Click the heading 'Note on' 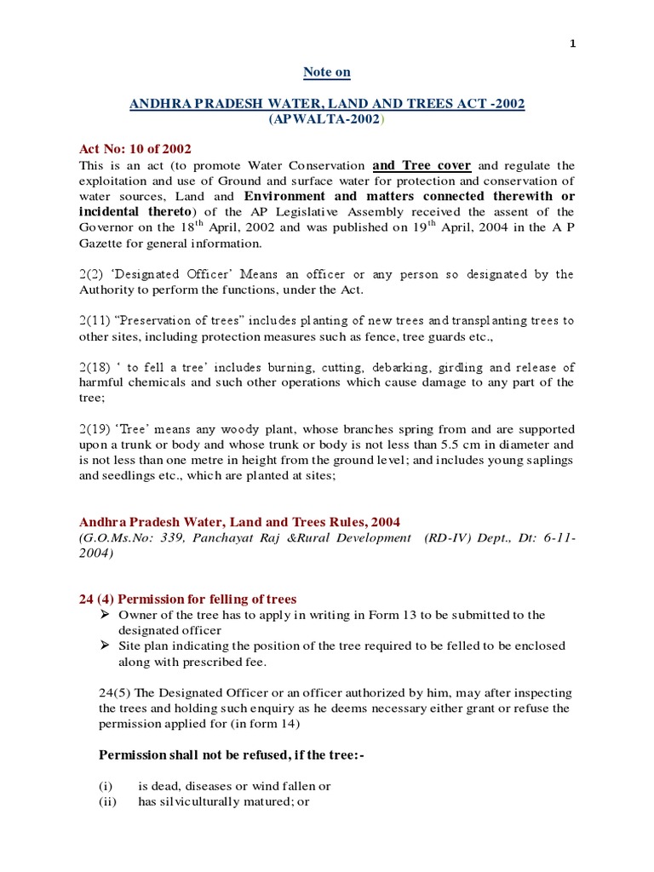pyautogui.click(x=326, y=72)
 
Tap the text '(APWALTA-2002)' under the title pyautogui.click(x=327, y=119)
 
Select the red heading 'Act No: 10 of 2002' pyautogui.click(x=135, y=150)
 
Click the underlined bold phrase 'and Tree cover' pyautogui.click(x=422, y=165)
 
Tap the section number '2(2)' pyautogui.click(x=92, y=274)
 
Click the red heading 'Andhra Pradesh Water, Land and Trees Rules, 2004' pyautogui.click(x=239, y=521)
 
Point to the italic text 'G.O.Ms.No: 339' pyautogui.click(x=127, y=538)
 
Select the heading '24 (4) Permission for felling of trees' pyautogui.click(x=187, y=599)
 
